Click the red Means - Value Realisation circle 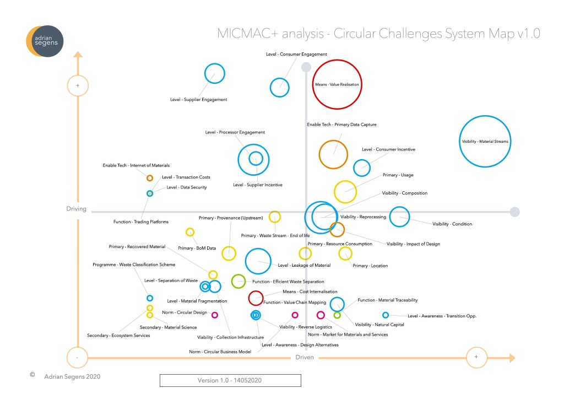tap(337, 85)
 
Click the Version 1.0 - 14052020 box tap(230, 380)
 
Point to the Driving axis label tap(76, 209)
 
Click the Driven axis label tap(305, 358)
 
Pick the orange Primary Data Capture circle tap(333, 155)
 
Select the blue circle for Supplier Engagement tap(214, 73)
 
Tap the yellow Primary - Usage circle tap(346, 192)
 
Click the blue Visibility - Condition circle tap(400, 217)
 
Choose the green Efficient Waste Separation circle tap(238, 281)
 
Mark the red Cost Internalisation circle tap(256, 298)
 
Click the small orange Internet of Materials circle tap(149, 178)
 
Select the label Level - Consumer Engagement tap(296, 55)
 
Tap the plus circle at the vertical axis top tap(78, 86)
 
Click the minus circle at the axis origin tap(78, 357)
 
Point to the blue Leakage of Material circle tap(258, 261)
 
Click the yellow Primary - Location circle tap(345, 253)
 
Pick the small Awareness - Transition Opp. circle tap(386, 315)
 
